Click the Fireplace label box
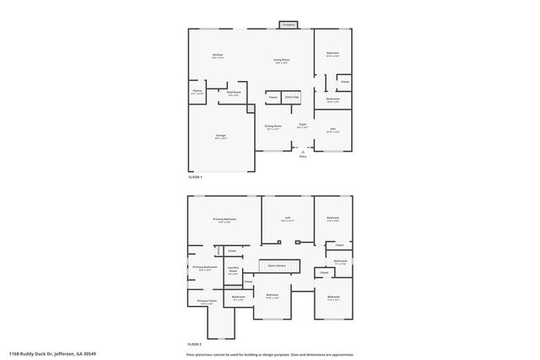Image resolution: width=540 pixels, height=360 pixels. point(288,25)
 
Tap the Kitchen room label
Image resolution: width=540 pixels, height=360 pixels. point(218,57)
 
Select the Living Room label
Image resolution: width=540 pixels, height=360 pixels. point(281,61)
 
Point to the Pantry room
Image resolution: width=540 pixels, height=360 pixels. point(197,92)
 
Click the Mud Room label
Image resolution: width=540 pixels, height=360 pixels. point(234,94)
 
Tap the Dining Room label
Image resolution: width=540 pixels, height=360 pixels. point(273,127)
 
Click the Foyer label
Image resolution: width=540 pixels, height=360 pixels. point(302,126)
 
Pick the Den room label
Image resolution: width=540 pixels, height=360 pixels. point(332,130)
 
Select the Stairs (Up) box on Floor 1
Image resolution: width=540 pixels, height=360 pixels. point(290,98)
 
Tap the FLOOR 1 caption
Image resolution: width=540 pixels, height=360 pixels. point(195,178)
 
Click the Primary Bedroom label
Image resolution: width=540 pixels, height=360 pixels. point(224,220)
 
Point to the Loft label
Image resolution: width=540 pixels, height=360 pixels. point(287,219)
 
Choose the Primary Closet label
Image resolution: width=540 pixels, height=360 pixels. point(207,302)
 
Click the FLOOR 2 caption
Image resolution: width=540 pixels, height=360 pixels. point(195,344)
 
